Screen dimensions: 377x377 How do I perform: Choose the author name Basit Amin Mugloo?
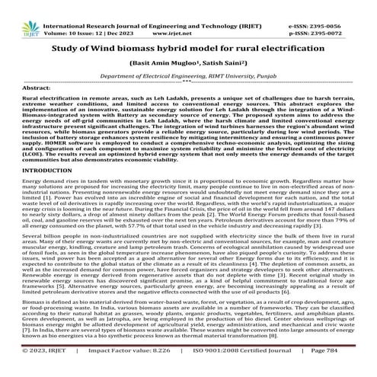pyautogui.click(x=167, y=63)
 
